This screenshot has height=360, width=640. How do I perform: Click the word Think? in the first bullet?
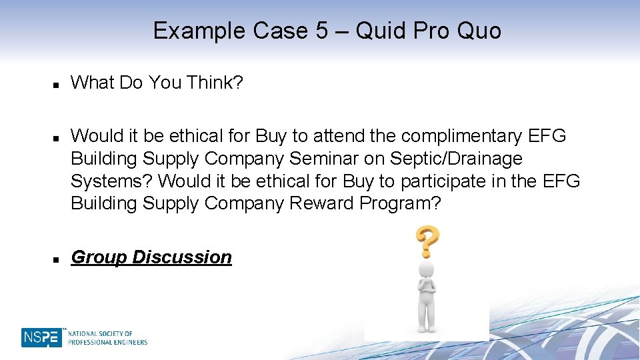tap(216, 83)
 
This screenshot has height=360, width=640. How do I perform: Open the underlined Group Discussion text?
tap(151, 257)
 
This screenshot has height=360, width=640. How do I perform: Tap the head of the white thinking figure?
tap(426, 270)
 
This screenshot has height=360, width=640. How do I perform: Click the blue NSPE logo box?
tap(41, 337)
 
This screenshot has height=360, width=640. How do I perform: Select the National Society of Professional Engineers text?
tap(107, 338)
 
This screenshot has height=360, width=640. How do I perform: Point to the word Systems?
tap(112, 181)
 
